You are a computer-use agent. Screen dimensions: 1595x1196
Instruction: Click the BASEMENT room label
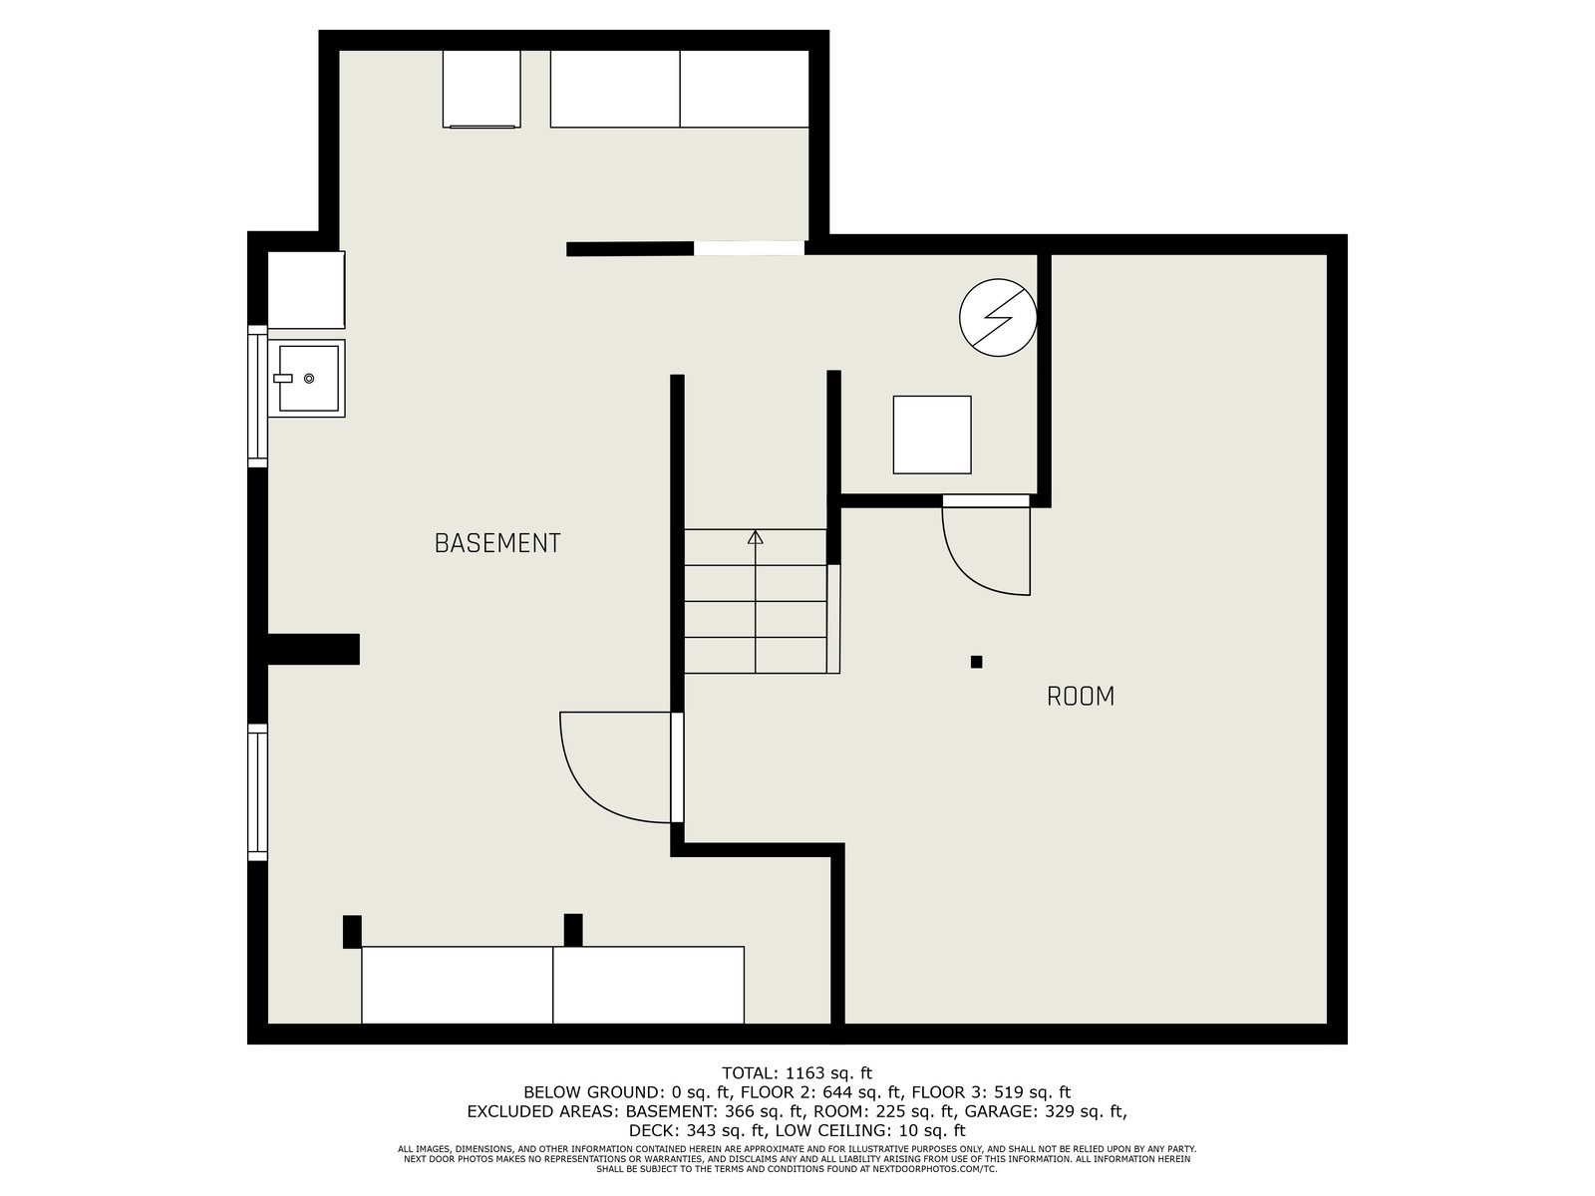pyautogui.click(x=497, y=543)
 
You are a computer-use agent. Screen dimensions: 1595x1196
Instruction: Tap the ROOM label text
pyautogui.click(x=1080, y=697)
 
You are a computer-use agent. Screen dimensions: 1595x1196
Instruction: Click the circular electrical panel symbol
pyautogui.click(x=998, y=317)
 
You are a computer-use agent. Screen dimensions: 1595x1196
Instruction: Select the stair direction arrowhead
pyautogui.click(x=756, y=537)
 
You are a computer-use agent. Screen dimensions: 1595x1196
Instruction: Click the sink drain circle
pyautogui.click(x=309, y=379)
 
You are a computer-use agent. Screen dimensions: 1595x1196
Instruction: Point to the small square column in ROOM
pyautogui.click(x=977, y=662)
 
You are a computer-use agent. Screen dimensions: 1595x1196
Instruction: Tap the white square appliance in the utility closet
pyautogui.click(x=932, y=435)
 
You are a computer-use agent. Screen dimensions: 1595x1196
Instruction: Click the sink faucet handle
pyautogui.click(x=283, y=379)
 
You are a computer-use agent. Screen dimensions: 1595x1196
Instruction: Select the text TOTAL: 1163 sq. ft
pyautogui.click(x=797, y=1072)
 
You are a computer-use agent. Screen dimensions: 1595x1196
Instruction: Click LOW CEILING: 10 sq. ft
pyautogui.click(x=870, y=1130)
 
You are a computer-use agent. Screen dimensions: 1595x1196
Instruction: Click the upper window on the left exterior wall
pyautogui.click(x=258, y=396)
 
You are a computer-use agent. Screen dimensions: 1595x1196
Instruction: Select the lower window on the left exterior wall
pyautogui.click(x=258, y=792)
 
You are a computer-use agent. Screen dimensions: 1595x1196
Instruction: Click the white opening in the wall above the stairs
pyautogui.click(x=750, y=248)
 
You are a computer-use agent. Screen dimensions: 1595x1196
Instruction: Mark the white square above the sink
pyautogui.click(x=306, y=290)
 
